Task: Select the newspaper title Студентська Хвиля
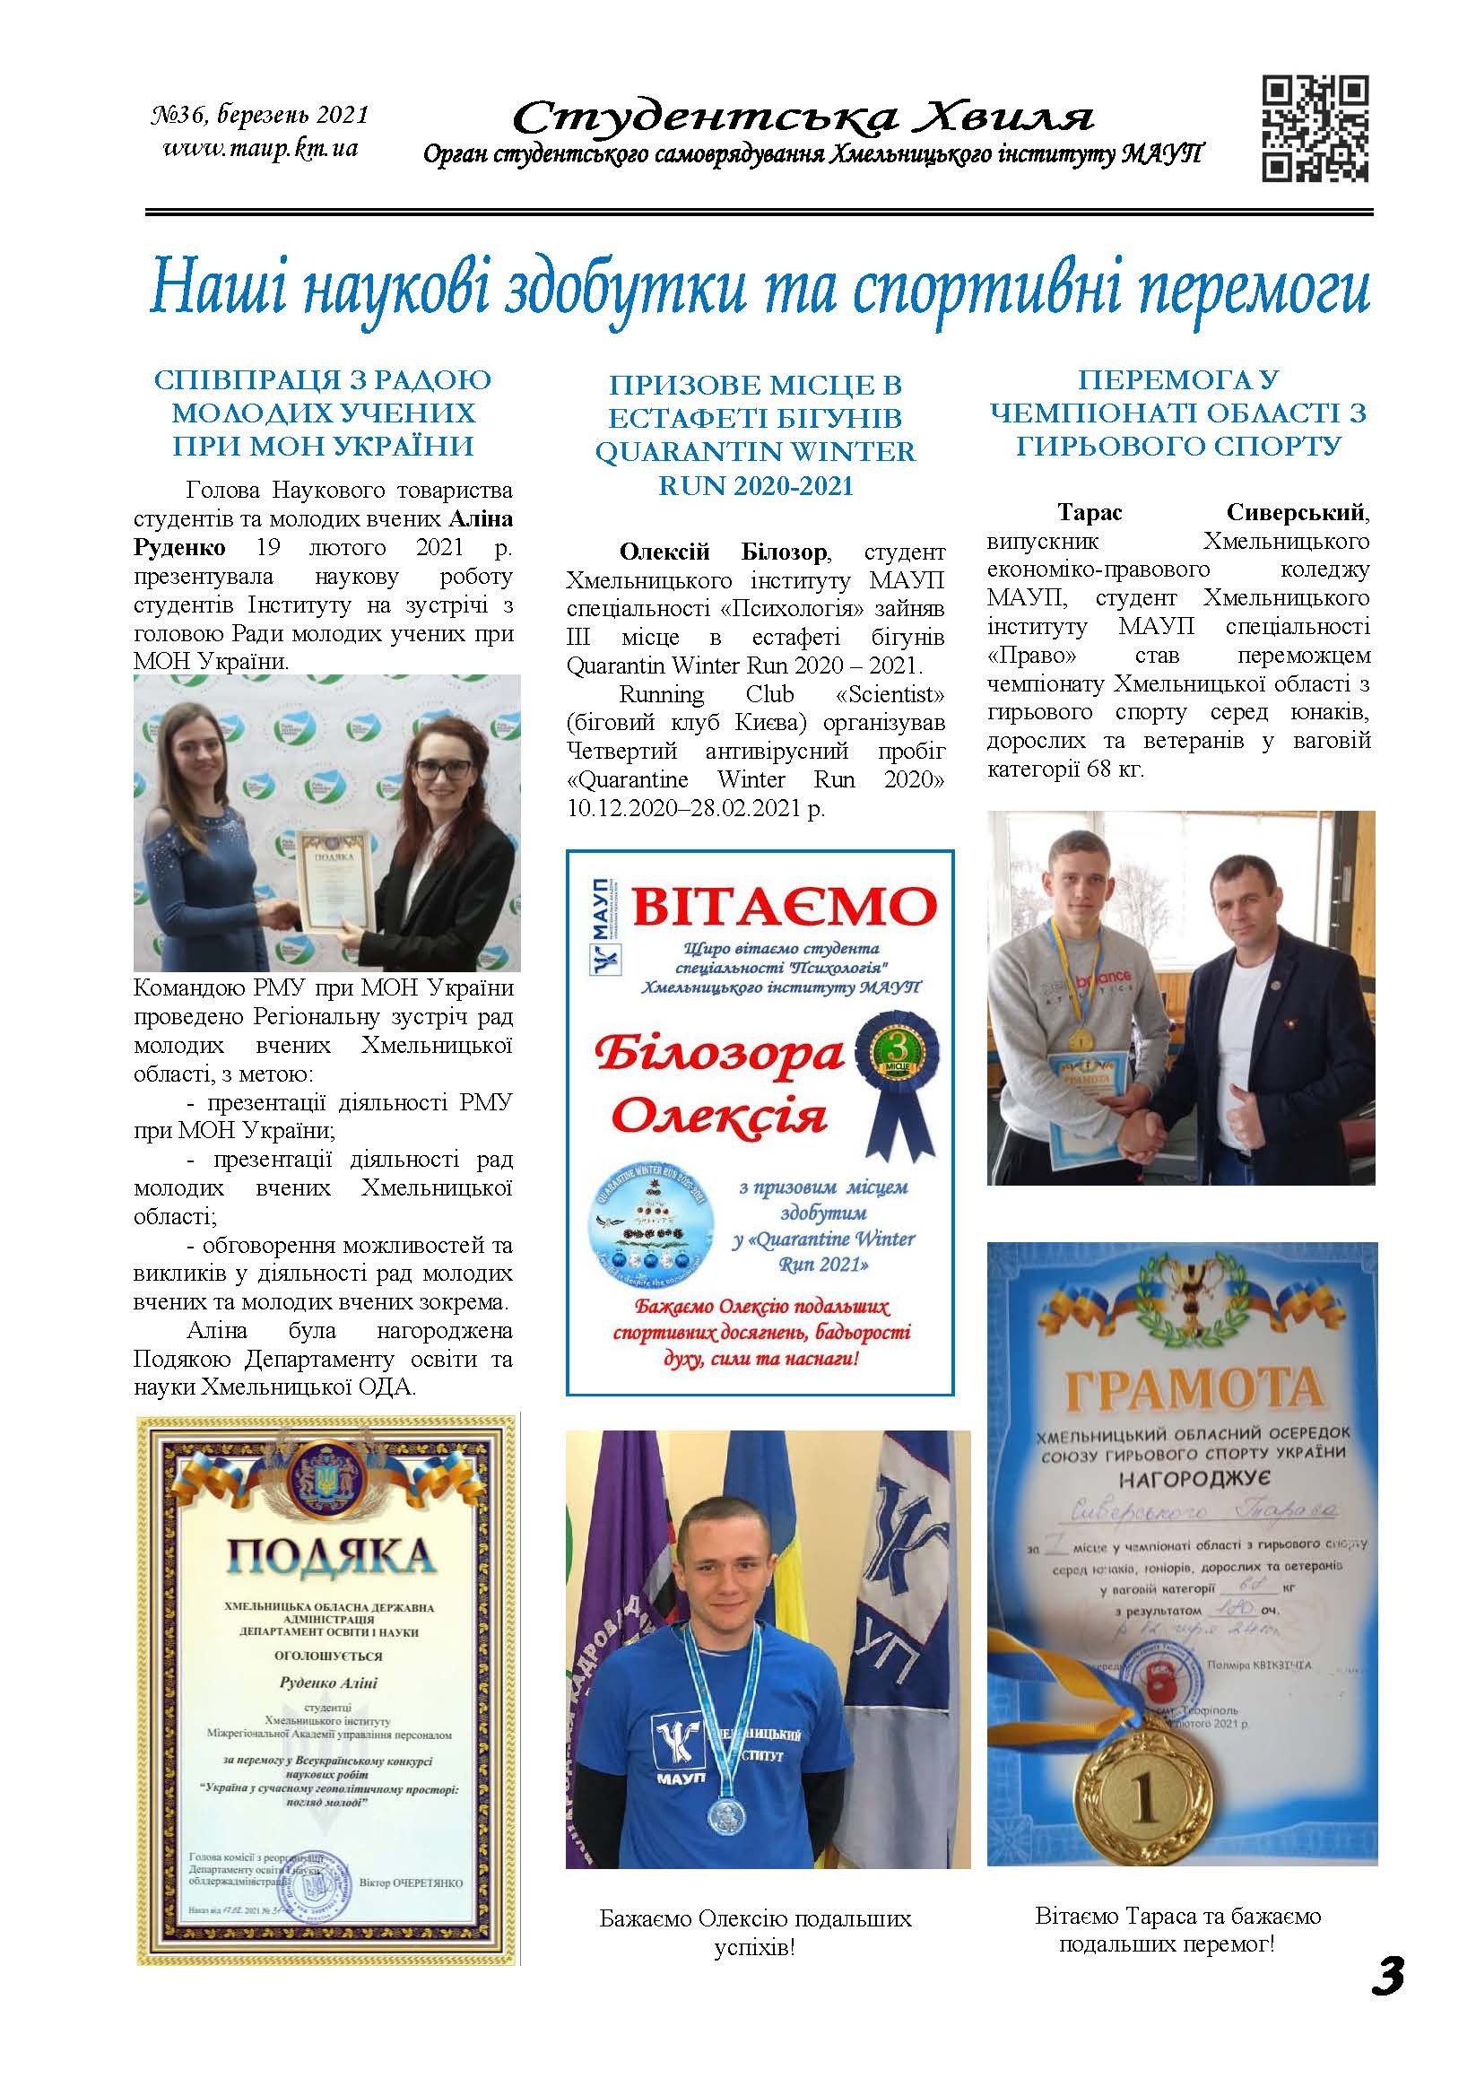[804, 117]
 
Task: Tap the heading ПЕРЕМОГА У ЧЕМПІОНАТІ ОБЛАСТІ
[1178, 413]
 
